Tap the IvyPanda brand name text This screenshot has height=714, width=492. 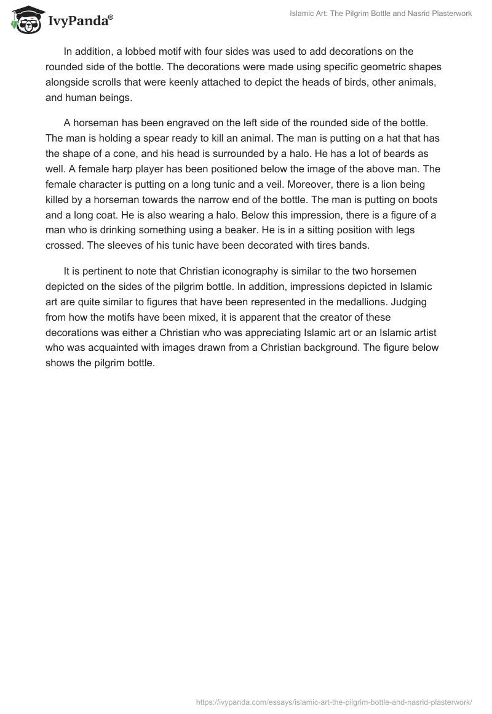click(x=79, y=23)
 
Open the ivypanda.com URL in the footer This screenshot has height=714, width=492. click(x=334, y=701)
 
